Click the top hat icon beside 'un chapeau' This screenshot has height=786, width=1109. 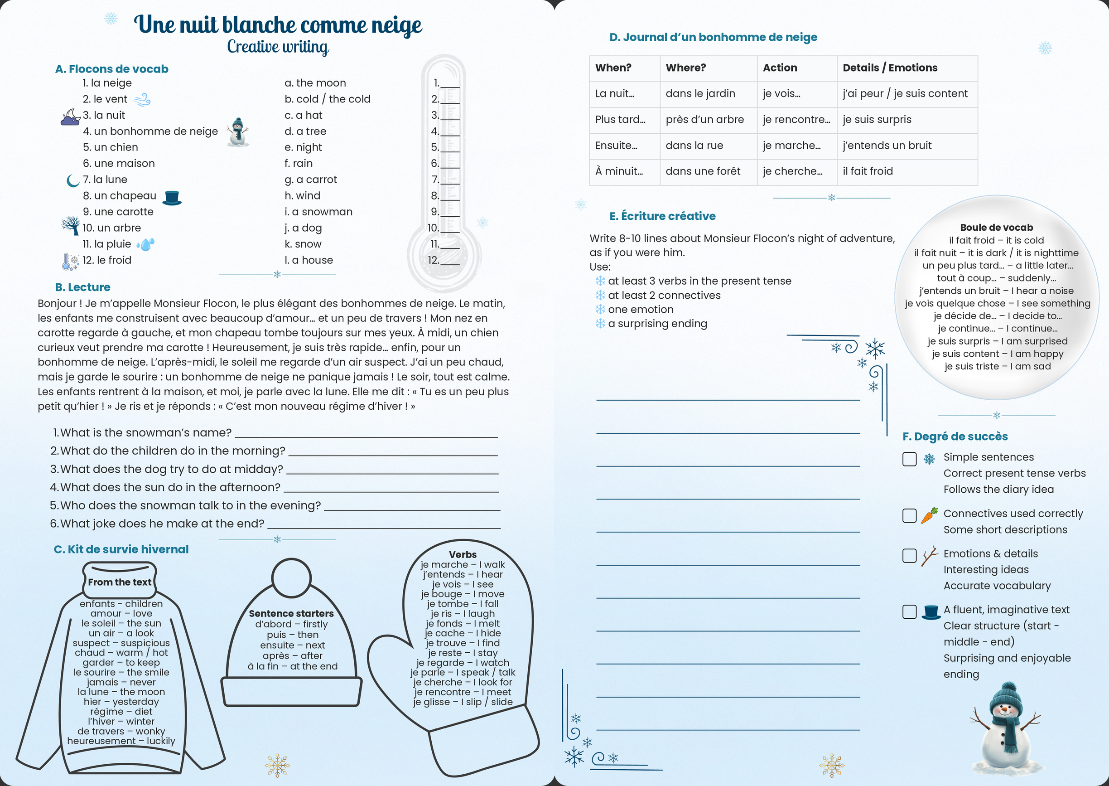pos(172,198)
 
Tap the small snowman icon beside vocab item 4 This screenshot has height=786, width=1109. pos(237,132)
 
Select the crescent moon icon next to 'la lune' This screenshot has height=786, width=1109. pos(72,180)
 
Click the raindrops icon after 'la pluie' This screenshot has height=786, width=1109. pos(145,244)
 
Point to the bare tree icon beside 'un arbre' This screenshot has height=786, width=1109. pos(71,226)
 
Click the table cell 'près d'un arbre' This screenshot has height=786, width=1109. pos(704,120)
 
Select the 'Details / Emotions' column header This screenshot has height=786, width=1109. pos(890,68)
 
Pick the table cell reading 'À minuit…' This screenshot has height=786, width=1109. pos(619,171)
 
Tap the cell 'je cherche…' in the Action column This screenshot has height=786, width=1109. pos(792,171)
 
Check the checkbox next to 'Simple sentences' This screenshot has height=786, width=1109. pos(909,459)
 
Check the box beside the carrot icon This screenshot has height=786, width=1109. pos(909,515)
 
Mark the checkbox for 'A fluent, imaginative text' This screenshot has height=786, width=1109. pos(909,612)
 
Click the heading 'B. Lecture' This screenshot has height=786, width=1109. pos(83,287)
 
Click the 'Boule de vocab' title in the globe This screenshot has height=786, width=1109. pos(996,228)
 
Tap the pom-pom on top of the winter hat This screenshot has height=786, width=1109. pos(291,577)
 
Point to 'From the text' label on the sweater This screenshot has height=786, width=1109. pos(120,582)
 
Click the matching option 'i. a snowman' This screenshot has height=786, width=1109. pos(318,212)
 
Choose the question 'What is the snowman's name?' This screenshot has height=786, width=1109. pos(145,433)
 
